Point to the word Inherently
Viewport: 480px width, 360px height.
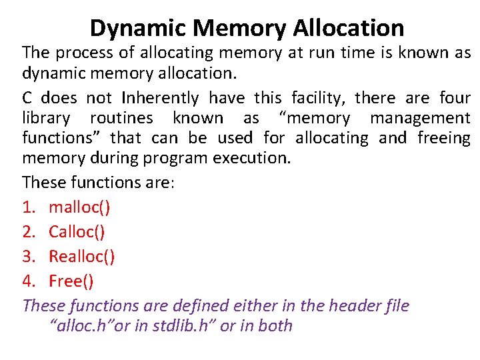(160, 99)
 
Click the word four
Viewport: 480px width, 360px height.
(455, 99)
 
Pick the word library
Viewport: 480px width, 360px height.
(46, 119)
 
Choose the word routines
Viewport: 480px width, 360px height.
(121, 119)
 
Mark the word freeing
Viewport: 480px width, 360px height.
(443, 138)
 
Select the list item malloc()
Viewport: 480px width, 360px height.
(80, 207)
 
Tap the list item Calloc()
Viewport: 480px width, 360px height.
(77, 232)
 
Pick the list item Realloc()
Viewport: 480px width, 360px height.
(82, 257)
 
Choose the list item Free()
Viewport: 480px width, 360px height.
(71, 281)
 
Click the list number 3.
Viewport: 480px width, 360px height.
(27, 257)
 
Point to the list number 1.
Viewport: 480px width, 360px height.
(27, 207)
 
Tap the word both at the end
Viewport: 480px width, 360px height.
(275, 326)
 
